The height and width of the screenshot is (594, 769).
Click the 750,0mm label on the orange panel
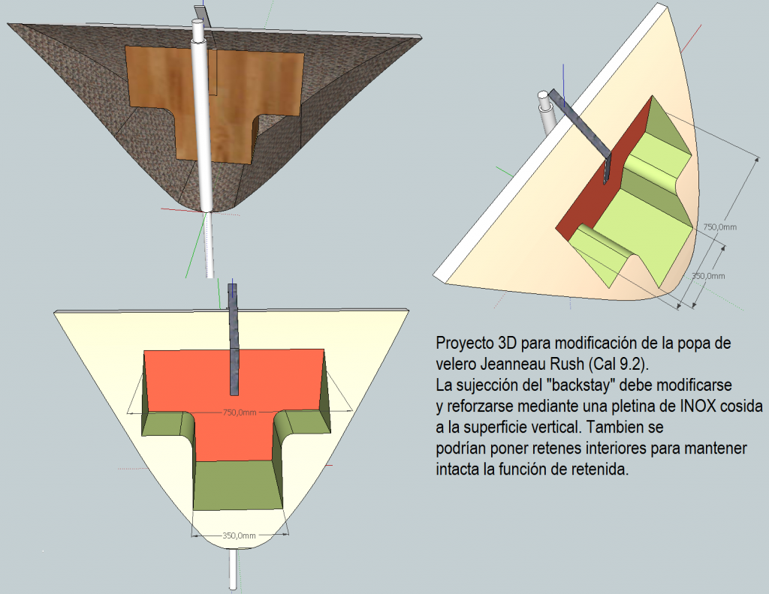240,412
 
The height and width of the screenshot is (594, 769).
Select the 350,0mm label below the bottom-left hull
240,535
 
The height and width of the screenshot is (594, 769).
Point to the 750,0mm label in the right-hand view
720,227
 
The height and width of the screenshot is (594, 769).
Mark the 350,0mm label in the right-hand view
708,276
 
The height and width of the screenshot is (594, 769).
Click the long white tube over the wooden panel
202,115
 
